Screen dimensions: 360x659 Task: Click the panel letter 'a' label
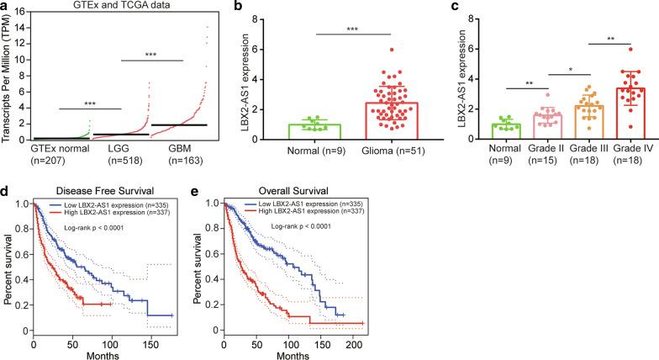tap(5, 7)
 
